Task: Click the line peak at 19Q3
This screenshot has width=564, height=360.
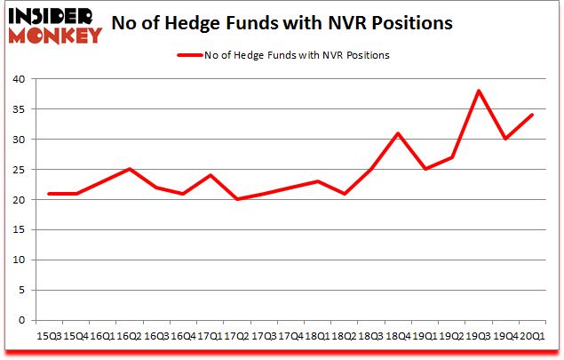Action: tap(479, 91)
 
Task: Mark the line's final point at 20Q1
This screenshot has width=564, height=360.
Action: tap(531, 115)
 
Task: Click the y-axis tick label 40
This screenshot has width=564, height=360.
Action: tap(19, 79)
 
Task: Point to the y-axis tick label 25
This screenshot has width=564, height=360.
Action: tap(19, 170)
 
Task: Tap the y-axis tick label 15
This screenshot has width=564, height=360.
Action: tap(19, 230)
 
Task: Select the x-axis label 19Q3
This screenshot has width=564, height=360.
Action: tap(479, 336)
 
